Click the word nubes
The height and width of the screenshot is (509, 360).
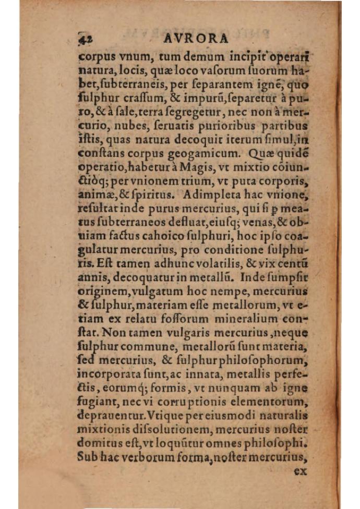pos(123,126)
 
